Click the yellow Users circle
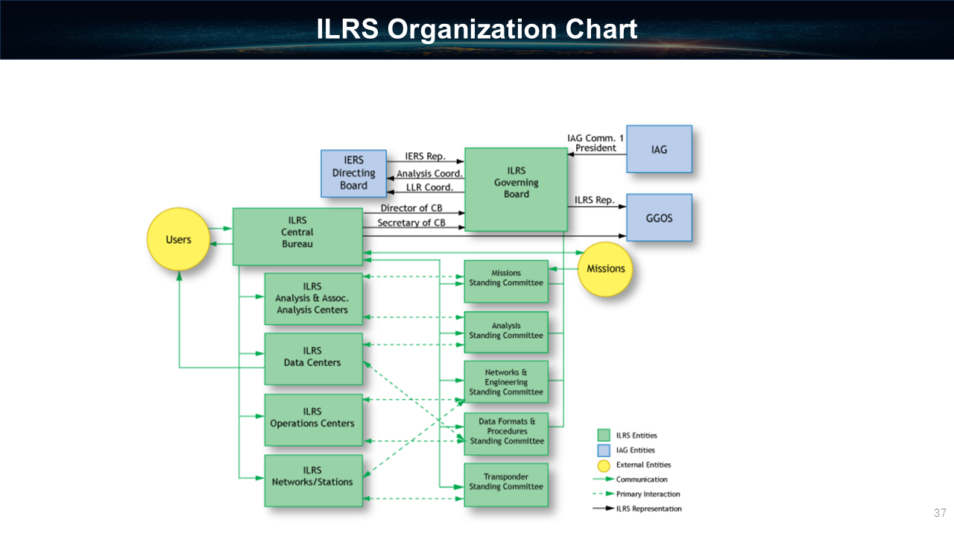point(178,239)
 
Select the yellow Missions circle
point(605,268)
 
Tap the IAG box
point(659,149)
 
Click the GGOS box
point(659,218)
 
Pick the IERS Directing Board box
point(353,173)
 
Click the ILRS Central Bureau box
point(297,236)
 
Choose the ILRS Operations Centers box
point(313,419)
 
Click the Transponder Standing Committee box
point(505,484)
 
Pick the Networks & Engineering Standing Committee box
point(505,382)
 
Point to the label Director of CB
point(411,208)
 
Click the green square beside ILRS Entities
point(604,436)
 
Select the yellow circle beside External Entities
point(604,465)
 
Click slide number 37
point(939,513)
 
